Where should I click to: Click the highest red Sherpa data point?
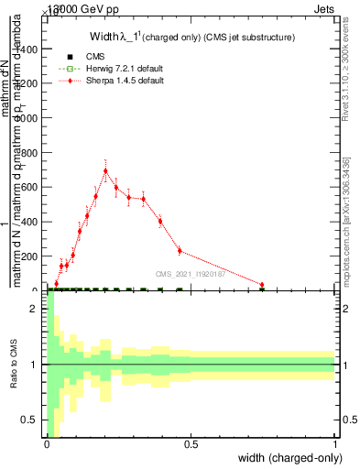(x=105, y=170)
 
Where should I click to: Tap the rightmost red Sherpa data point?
(x=262, y=285)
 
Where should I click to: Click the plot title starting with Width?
(x=191, y=38)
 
